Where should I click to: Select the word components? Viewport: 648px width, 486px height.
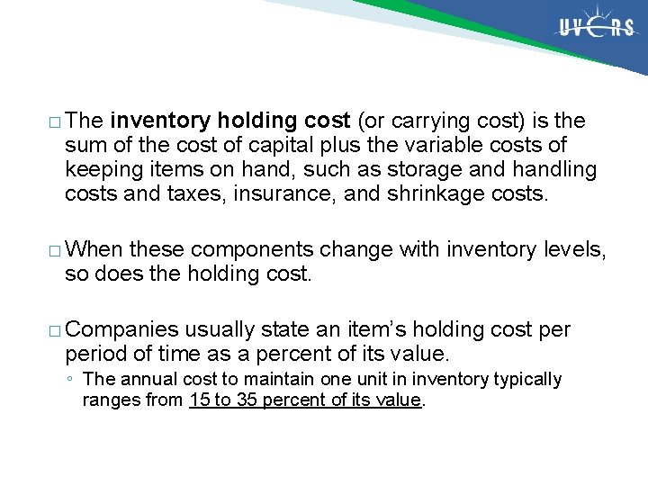tap(253, 249)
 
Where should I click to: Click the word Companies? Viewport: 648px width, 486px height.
tap(123, 330)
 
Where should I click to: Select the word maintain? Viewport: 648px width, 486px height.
tap(275, 380)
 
